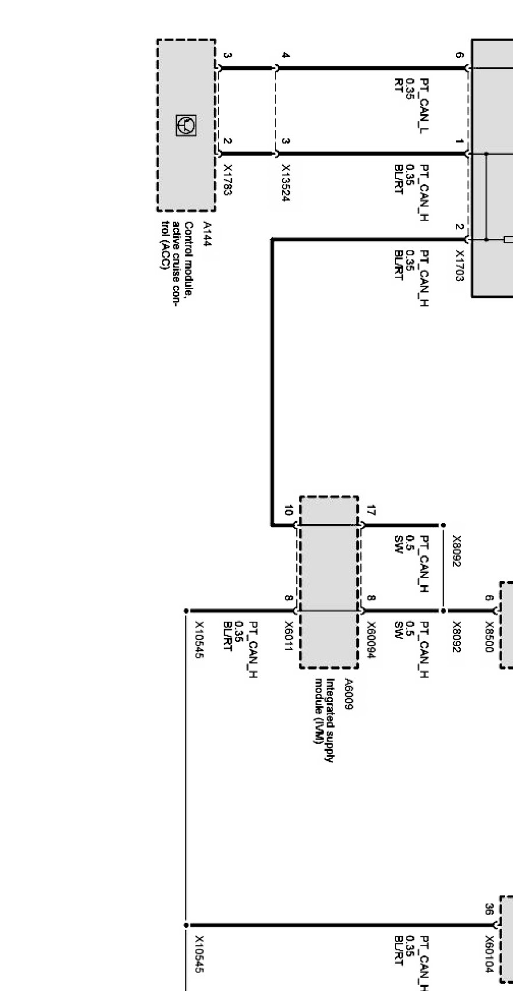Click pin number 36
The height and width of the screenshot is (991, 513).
[x=489, y=909]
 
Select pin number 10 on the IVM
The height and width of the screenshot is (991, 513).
[x=288, y=511]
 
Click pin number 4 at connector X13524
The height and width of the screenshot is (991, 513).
[x=285, y=56]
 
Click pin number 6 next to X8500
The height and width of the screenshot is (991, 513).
[x=489, y=598]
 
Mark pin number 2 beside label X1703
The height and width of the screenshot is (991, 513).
[x=460, y=227]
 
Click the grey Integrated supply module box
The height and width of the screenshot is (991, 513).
[x=329, y=582]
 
